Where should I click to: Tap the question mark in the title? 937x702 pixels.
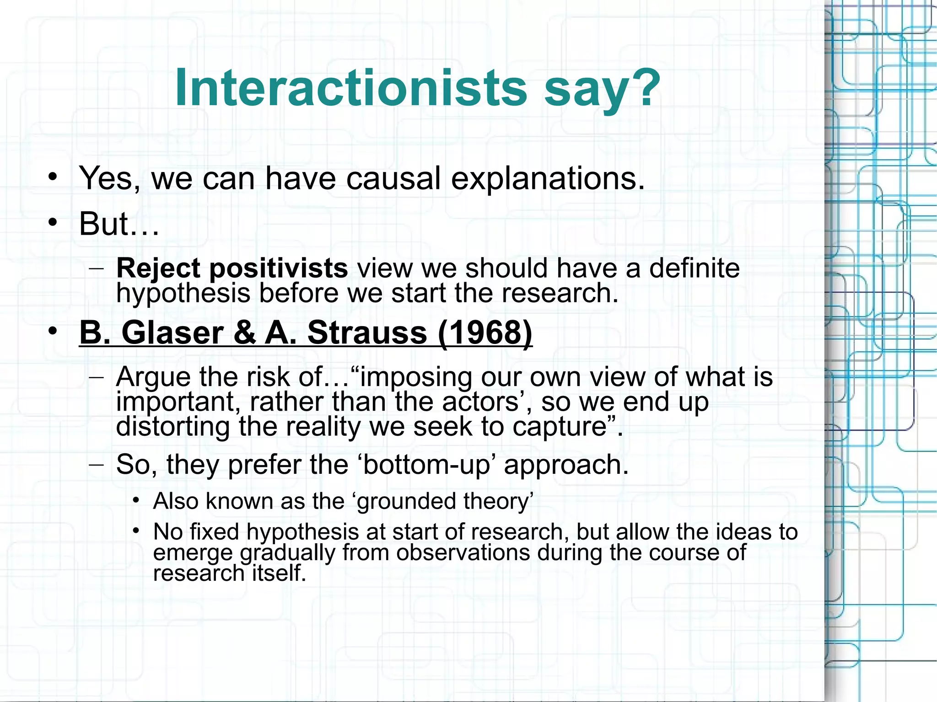645,88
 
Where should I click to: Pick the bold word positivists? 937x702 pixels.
279,269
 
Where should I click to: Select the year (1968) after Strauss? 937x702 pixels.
485,332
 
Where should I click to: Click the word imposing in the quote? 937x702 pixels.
417,378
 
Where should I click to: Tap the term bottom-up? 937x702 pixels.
426,465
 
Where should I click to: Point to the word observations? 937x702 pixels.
463,552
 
